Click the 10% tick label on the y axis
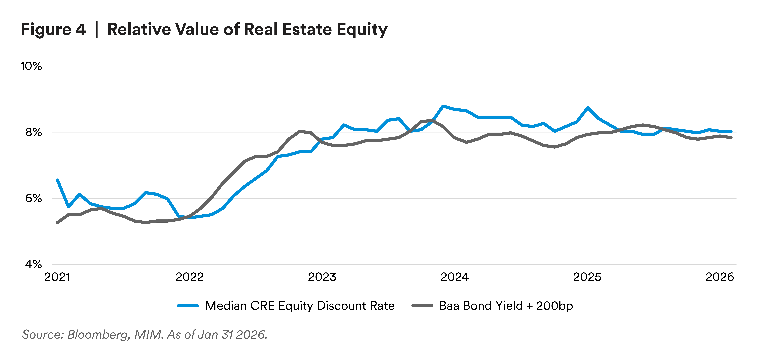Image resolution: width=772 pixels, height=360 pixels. click(x=31, y=66)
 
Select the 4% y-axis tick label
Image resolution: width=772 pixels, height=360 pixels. click(x=33, y=264)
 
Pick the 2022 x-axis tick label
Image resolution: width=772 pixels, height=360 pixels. click(x=189, y=277)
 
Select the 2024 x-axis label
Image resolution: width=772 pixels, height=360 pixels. click(x=455, y=277)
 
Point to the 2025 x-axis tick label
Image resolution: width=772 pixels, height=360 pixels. click(x=587, y=277)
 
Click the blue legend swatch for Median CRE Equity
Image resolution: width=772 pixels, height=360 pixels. click(x=188, y=306)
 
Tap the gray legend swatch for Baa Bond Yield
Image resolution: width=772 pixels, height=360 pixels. click(x=422, y=306)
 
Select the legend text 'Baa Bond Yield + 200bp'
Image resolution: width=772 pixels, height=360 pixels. click(x=506, y=306)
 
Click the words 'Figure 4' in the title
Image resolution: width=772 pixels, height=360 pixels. click(x=53, y=30)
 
